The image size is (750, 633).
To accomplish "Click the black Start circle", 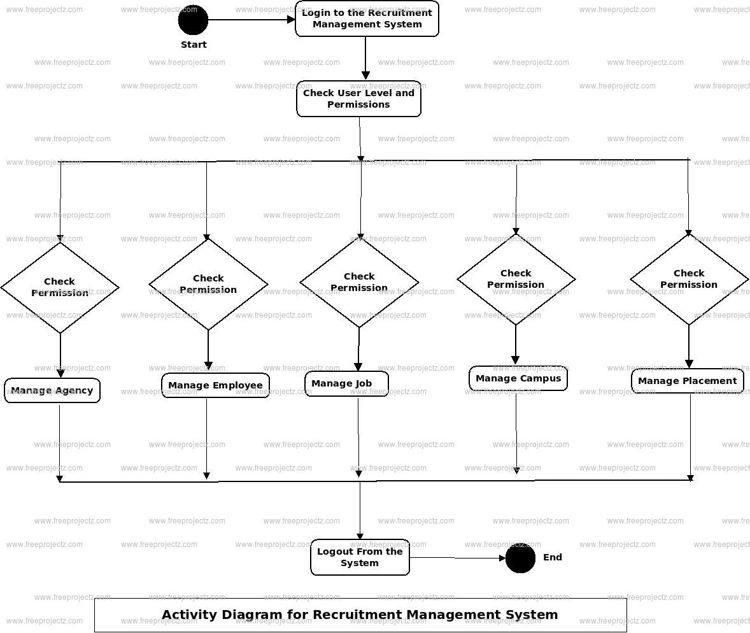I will click(x=193, y=20).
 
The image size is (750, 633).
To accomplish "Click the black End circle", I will click(x=520, y=558).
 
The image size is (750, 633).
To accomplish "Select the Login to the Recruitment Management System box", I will click(x=367, y=18).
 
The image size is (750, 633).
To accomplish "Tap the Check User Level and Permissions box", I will click(x=358, y=99).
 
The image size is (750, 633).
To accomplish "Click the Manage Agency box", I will click(x=52, y=391).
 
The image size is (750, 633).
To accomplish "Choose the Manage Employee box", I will click(x=215, y=385).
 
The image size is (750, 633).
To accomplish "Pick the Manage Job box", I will click(x=346, y=383).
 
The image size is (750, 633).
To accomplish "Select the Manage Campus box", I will click(x=518, y=378).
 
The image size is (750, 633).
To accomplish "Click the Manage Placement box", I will click(x=687, y=381).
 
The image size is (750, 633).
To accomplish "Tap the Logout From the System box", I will click(x=360, y=557).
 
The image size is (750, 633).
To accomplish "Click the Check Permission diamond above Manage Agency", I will click(x=60, y=287).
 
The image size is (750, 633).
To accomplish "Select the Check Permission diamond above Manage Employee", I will click(x=208, y=284).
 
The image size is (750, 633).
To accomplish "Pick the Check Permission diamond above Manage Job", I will click(x=359, y=282).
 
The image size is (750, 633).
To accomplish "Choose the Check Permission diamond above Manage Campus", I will click(x=516, y=279).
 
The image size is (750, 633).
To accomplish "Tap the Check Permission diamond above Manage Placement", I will click(x=689, y=279).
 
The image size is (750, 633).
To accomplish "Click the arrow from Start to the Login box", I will click(x=251, y=20).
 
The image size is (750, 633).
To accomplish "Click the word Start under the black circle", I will click(x=194, y=45).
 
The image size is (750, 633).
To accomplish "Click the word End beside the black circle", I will click(x=552, y=557).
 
